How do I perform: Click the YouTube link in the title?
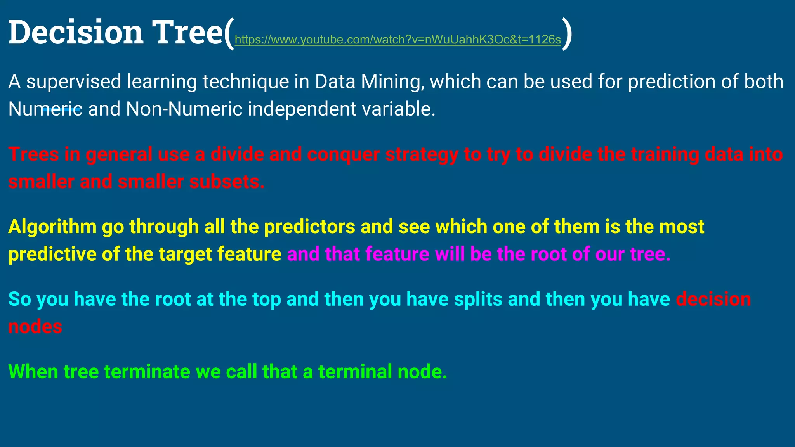click(x=398, y=40)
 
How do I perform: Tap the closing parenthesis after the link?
click(x=567, y=34)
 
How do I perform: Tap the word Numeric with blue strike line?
click(x=45, y=109)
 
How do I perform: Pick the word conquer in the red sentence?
click(x=344, y=154)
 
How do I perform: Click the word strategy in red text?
click(x=422, y=154)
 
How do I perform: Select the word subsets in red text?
click(x=227, y=182)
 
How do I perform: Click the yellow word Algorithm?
click(x=52, y=227)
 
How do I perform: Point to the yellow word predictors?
click(x=309, y=227)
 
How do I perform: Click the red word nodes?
click(x=35, y=327)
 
